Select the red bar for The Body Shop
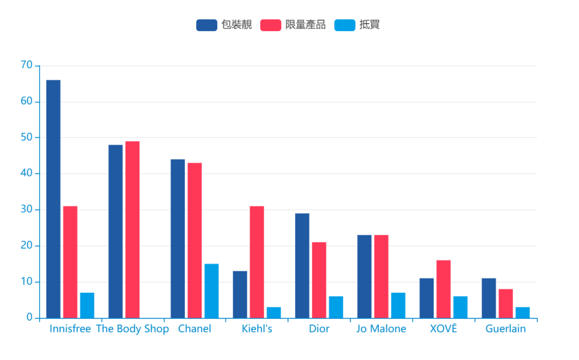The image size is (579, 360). coord(132,229)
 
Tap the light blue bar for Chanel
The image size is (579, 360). coord(211,291)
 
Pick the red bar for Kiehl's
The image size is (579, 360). coord(257,262)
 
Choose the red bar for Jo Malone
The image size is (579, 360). coord(381,276)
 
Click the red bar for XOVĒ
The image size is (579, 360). coord(443,289)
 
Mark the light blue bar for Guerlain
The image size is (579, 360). coord(522,313)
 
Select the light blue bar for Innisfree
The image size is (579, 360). coord(87,305)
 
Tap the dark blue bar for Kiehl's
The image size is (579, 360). coord(240,294)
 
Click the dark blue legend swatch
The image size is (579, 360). coord(206,25)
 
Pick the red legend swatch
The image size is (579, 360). coord(271,25)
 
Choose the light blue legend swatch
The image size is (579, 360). coord(345,25)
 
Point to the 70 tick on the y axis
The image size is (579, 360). coord(27,65)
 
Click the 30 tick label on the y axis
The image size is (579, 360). coord(27,210)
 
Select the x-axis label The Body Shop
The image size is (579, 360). coord(132,329)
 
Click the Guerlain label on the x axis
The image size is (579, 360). coord(505,329)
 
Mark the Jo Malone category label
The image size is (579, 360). coord(381,329)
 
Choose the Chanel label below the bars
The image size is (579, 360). coord(195,329)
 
